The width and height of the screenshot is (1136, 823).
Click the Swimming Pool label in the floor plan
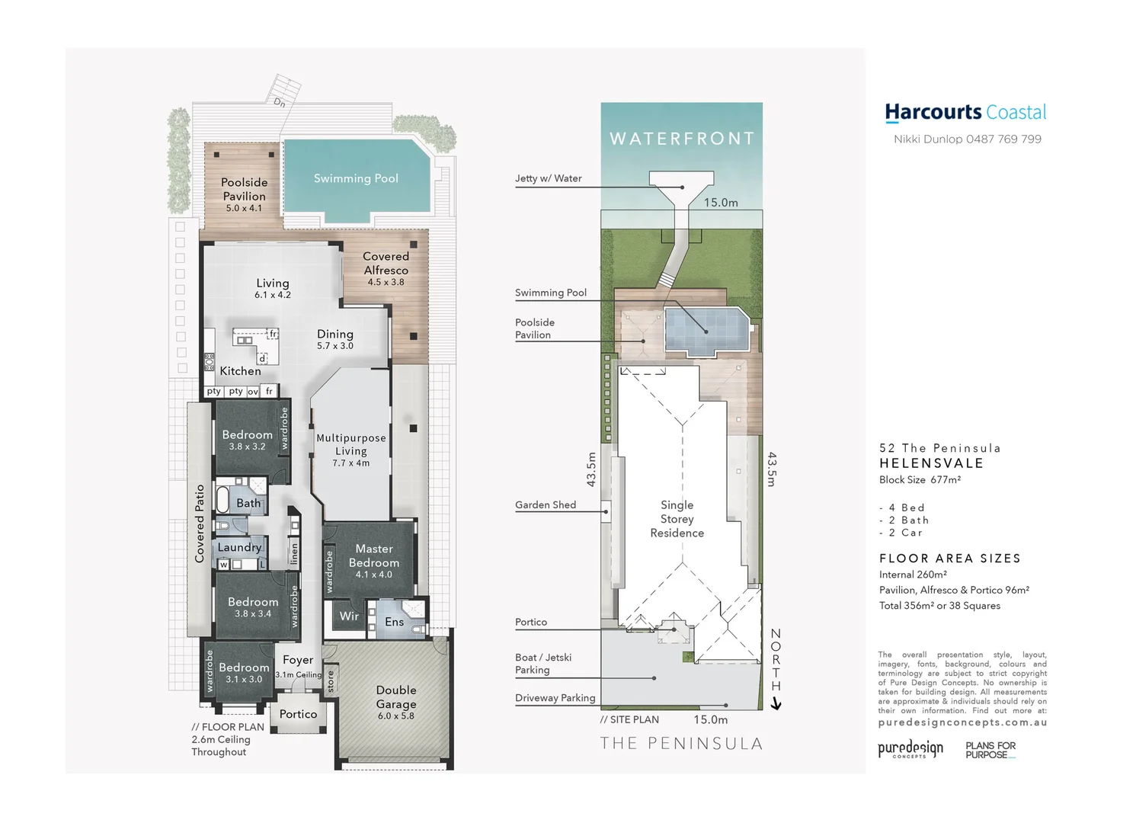pos(356,178)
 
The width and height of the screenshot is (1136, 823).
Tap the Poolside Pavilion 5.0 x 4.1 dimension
pos(244,208)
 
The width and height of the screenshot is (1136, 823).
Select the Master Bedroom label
pos(373,556)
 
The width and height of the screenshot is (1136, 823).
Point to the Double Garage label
pos(396,697)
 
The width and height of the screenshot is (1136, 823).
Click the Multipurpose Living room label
pos(351,444)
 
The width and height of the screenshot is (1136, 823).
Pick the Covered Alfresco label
pos(386,264)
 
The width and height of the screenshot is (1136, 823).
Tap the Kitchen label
pos(240,371)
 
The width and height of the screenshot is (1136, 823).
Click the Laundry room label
pos(239,547)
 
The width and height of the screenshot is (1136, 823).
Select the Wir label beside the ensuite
pos(349,616)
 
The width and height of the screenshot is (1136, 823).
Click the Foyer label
pos(298,660)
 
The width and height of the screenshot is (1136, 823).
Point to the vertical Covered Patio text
pos(200,524)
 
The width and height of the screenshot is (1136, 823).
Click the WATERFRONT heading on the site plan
pos(682,139)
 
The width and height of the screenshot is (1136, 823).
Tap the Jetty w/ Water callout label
pos(548,178)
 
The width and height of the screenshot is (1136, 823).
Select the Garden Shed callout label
pos(546,504)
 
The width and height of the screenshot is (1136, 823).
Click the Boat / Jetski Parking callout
pos(542,664)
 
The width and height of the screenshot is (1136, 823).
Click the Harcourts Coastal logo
pos(965,113)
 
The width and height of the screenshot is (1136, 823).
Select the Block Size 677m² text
pos(920,479)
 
